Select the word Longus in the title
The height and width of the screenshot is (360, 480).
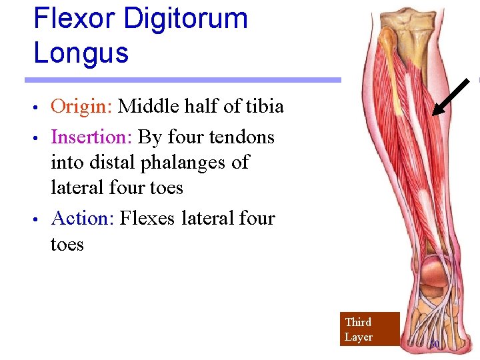81,53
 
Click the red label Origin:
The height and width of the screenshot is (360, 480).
81,107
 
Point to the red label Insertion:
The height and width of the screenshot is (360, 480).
91,137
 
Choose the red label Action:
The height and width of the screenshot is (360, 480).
83,219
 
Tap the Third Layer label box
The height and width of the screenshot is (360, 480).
369,329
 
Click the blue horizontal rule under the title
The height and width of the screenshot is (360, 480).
183,80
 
